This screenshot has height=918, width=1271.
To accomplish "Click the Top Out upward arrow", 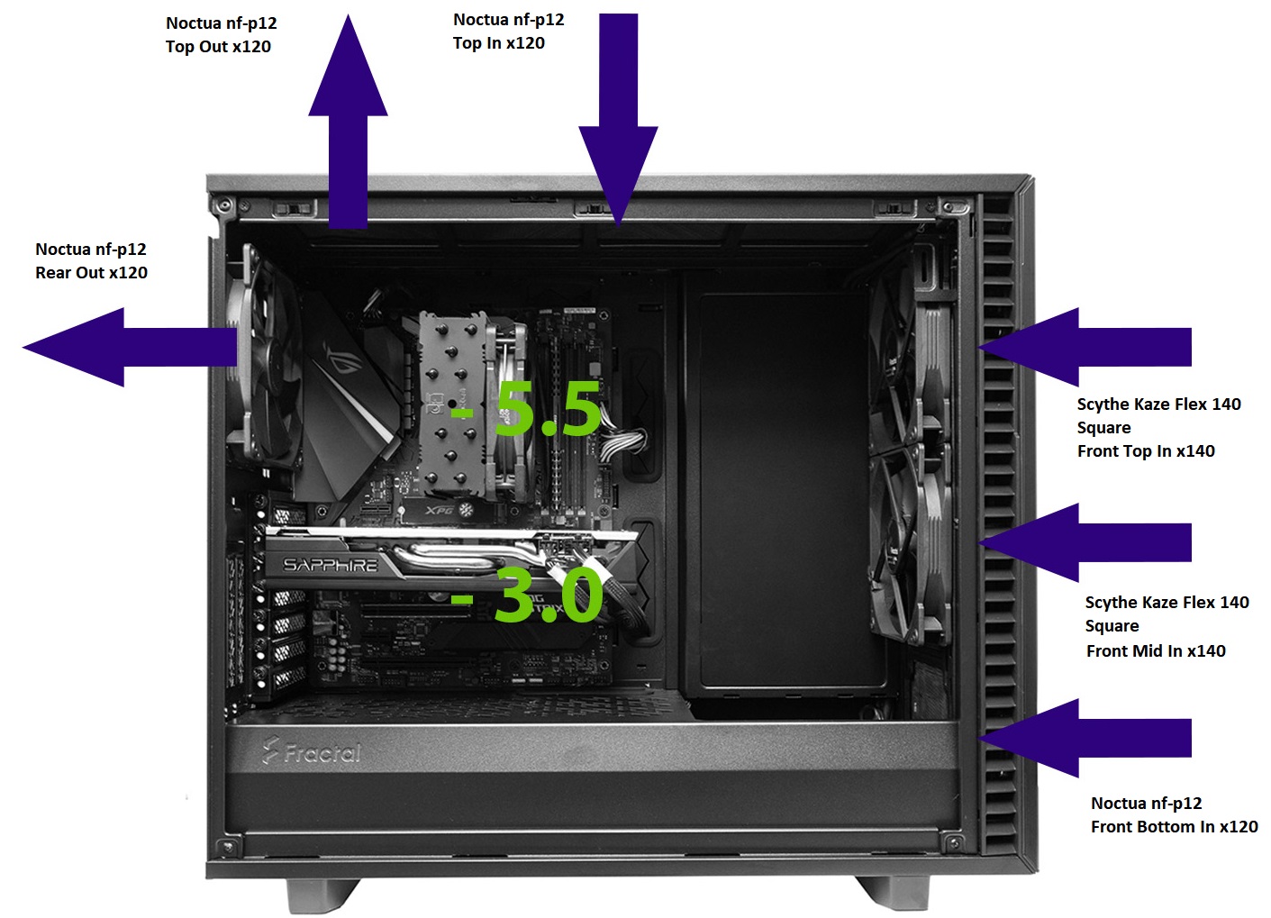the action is point(348,122).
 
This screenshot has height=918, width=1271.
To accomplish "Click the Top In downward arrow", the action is point(619,119).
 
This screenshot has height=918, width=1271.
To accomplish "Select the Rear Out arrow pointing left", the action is point(130,347).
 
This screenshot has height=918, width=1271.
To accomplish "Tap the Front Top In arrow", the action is point(1085,347).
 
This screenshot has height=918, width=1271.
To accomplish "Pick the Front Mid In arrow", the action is point(1085,542).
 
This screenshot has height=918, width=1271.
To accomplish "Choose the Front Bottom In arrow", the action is point(1085,738).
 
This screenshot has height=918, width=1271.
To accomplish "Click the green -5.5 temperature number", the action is point(525,408).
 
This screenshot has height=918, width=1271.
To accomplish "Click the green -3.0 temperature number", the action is point(527,594).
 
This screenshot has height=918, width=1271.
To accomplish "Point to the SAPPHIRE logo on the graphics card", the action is point(331,565).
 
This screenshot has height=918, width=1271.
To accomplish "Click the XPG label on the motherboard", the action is point(440,510).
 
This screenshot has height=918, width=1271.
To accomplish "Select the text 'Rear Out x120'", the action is point(91,273).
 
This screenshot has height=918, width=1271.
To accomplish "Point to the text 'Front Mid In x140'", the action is point(1156,650).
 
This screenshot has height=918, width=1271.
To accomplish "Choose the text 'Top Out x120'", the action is point(218,47).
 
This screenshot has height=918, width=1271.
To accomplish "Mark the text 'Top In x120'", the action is point(499,43).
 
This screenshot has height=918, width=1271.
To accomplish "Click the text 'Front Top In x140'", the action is point(1146,451).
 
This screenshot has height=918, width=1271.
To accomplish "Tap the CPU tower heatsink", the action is point(454,405).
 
